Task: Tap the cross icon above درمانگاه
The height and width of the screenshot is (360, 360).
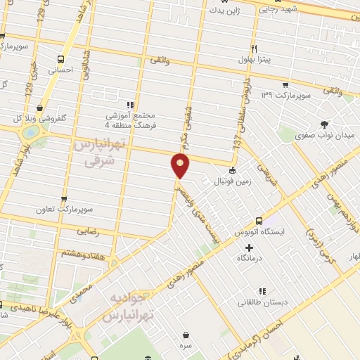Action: [249, 247]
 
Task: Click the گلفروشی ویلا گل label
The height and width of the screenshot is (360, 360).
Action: [29, 116]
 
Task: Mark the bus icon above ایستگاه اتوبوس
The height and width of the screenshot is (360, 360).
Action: [259, 220]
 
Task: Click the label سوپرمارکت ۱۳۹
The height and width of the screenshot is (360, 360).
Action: [285, 94]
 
